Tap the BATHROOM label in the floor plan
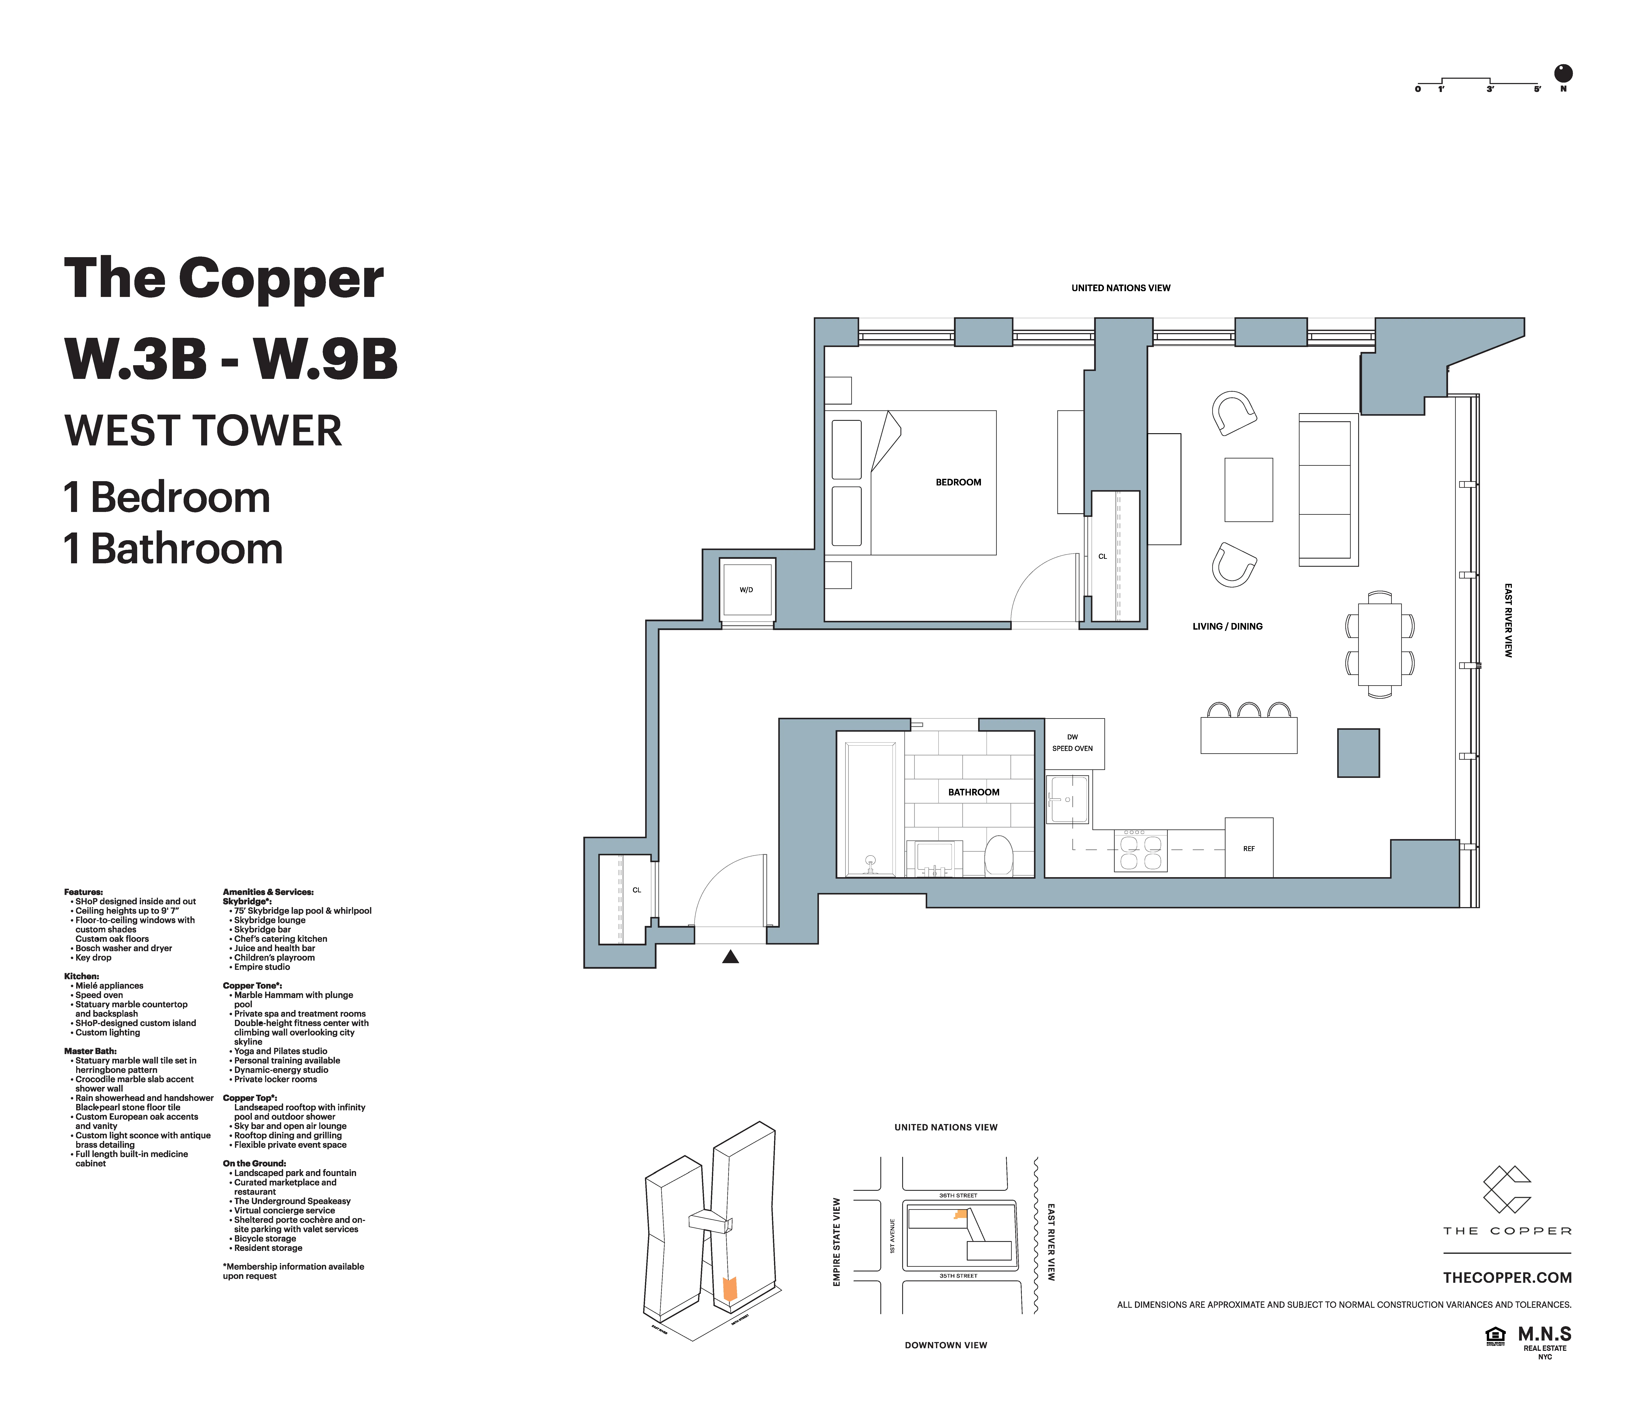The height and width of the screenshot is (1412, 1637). [x=973, y=792]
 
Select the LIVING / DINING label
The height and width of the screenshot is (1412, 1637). [x=1227, y=626]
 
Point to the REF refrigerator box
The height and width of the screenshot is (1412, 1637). [x=1248, y=848]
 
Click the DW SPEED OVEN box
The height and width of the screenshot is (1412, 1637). [x=1073, y=743]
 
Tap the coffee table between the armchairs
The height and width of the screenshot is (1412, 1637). [x=1248, y=490]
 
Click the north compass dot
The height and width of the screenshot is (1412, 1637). [x=1563, y=73]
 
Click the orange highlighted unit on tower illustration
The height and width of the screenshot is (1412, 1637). [x=730, y=1289]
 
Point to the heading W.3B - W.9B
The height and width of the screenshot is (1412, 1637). [x=231, y=359]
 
